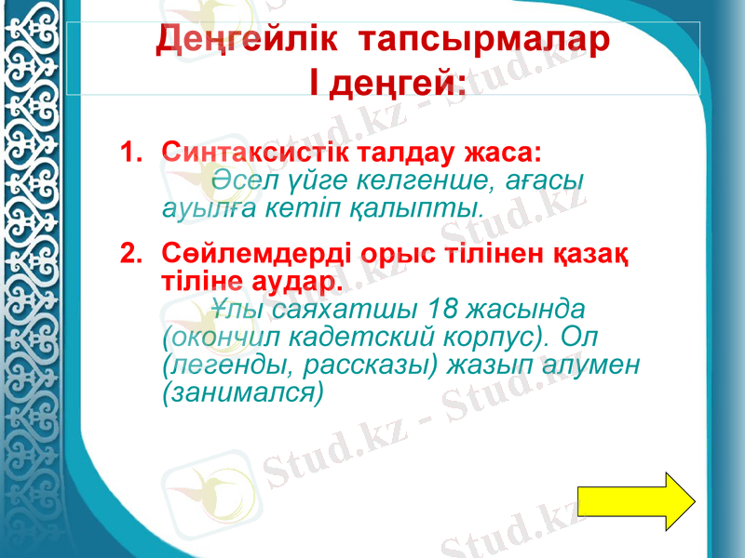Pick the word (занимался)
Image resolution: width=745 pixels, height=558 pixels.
click(x=242, y=391)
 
